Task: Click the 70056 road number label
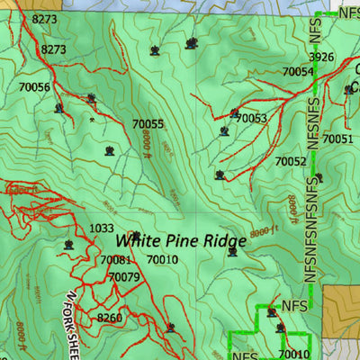click(x=33, y=87)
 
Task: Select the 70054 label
click(x=297, y=71)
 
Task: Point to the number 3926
click(x=321, y=58)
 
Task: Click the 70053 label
click(x=251, y=118)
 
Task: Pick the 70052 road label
click(x=291, y=161)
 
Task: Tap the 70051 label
click(x=337, y=139)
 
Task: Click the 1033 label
click(x=102, y=229)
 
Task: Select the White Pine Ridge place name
click(x=180, y=241)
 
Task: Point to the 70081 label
click(x=116, y=261)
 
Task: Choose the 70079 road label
click(x=123, y=277)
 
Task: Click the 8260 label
click(x=109, y=318)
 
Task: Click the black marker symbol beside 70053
click(x=234, y=113)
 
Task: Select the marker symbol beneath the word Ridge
click(x=232, y=252)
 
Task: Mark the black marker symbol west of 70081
click(x=67, y=244)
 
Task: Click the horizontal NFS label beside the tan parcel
click(x=295, y=306)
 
